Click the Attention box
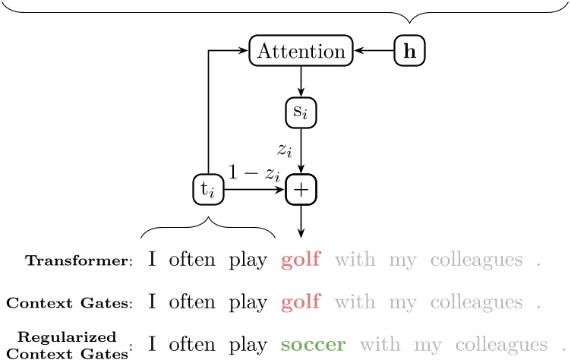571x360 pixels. click(x=301, y=52)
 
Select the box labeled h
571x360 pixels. click(x=410, y=52)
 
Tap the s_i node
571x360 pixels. click(x=301, y=113)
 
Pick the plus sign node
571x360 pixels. click(x=301, y=190)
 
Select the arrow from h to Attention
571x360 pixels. click(x=374, y=52)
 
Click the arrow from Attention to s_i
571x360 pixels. click(x=301, y=82)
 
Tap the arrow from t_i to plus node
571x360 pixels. click(x=254, y=190)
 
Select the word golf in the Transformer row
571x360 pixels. click(x=301, y=261)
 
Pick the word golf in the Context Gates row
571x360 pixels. click(x=301, y=302)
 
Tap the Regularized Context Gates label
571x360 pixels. click(x=72, y=343)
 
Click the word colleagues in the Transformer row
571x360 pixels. click(x=477, y=261)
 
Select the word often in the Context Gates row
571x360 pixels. click(x=193, y=302)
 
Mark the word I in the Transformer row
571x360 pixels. click(x=152, y=261)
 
